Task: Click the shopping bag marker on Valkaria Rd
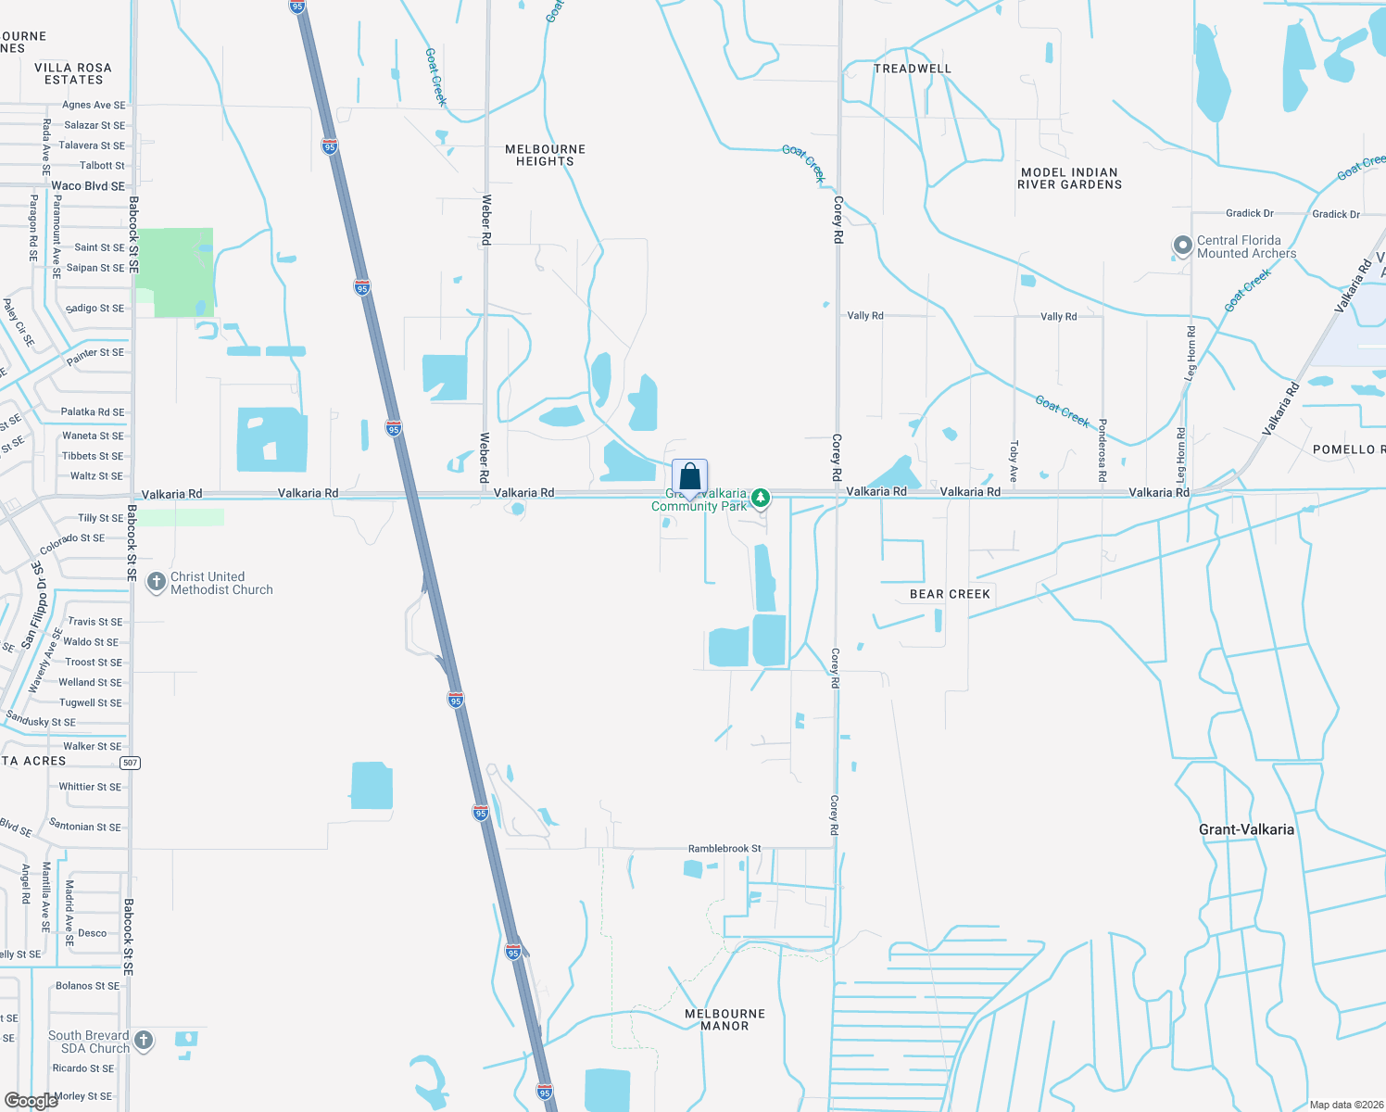[690, 478]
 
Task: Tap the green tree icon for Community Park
[761, 499]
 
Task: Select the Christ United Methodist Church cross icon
[156, 582]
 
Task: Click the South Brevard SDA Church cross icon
[144, 1041]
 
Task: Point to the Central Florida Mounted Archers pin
[1182, 246]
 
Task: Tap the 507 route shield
[130, 763]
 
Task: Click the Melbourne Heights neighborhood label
[545, 155]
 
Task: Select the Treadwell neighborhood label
[913, 69]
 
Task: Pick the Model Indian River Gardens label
[1069, 178]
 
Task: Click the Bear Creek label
[950, 594]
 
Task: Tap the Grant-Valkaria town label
[1246, 829]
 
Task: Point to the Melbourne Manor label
[724, 1019]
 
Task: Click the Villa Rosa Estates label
[73, 73]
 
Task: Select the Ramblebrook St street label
[724, 848]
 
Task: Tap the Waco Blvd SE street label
[88, 186]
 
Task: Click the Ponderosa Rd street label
[1102, 450]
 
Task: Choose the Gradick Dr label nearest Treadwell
[1249, 213]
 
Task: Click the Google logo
[31, 1101]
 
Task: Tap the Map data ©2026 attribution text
[1346, 1105]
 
